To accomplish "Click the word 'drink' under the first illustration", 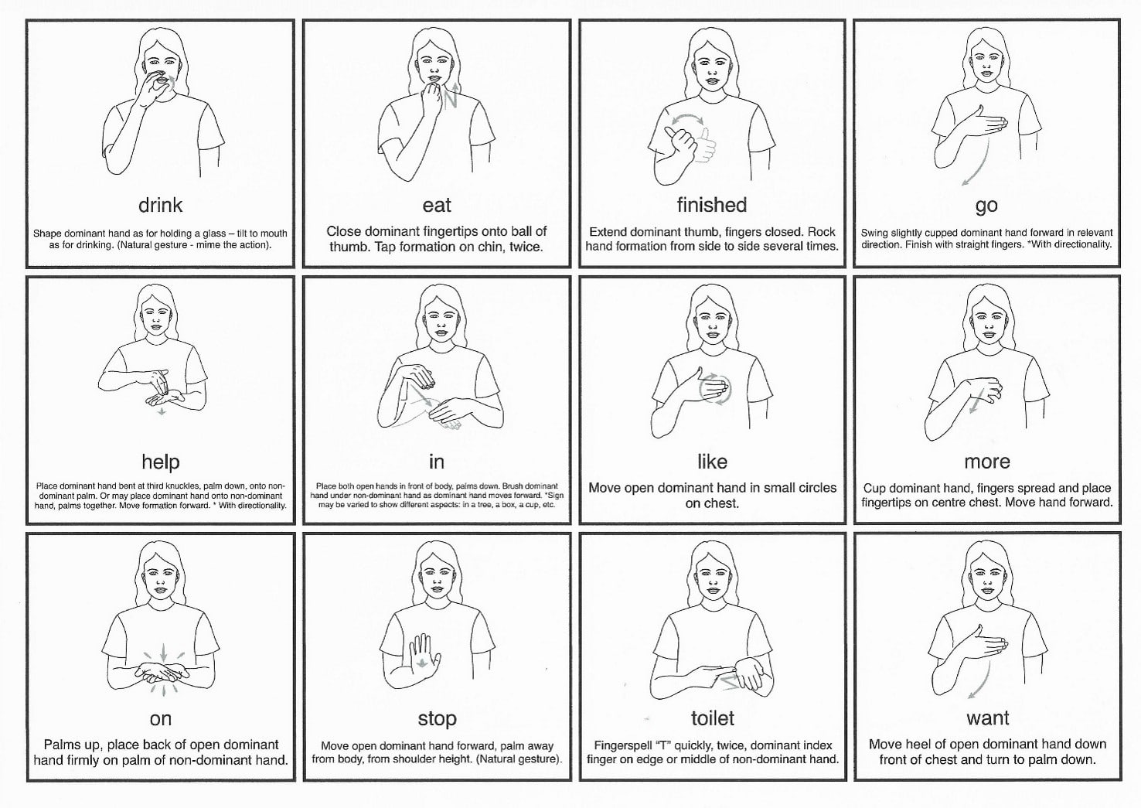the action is [x=160, y=206].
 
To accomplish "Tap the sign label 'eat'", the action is [x=437, y=206].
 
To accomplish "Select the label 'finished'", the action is [x=712, y=205].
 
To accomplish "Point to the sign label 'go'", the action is [x=986, y=206].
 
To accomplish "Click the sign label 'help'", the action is [x=161, y=462].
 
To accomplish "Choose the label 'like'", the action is [x=712, y=462].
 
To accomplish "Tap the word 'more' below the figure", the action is [x=986, y=462].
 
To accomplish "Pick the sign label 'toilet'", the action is [x=712, y=718].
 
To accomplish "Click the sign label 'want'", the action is [x=987, y=718].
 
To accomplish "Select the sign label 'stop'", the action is [x=437, y=719].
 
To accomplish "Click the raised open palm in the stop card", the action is [x=424, y=657].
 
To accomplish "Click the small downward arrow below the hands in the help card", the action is [x=162, y=411].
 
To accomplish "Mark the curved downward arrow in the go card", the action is [x=979, y=163].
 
